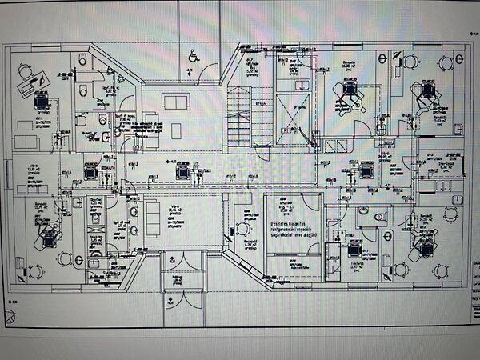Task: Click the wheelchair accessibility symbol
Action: [193, 56]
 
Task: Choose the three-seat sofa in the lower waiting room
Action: [131, 220]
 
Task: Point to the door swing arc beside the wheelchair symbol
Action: [209, 72]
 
